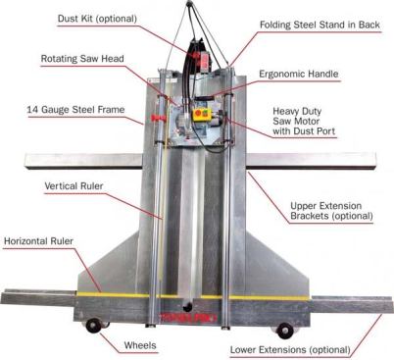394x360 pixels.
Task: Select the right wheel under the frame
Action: click(x=284, y=330)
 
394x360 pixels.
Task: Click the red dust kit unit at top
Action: click(x=202, y=49)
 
